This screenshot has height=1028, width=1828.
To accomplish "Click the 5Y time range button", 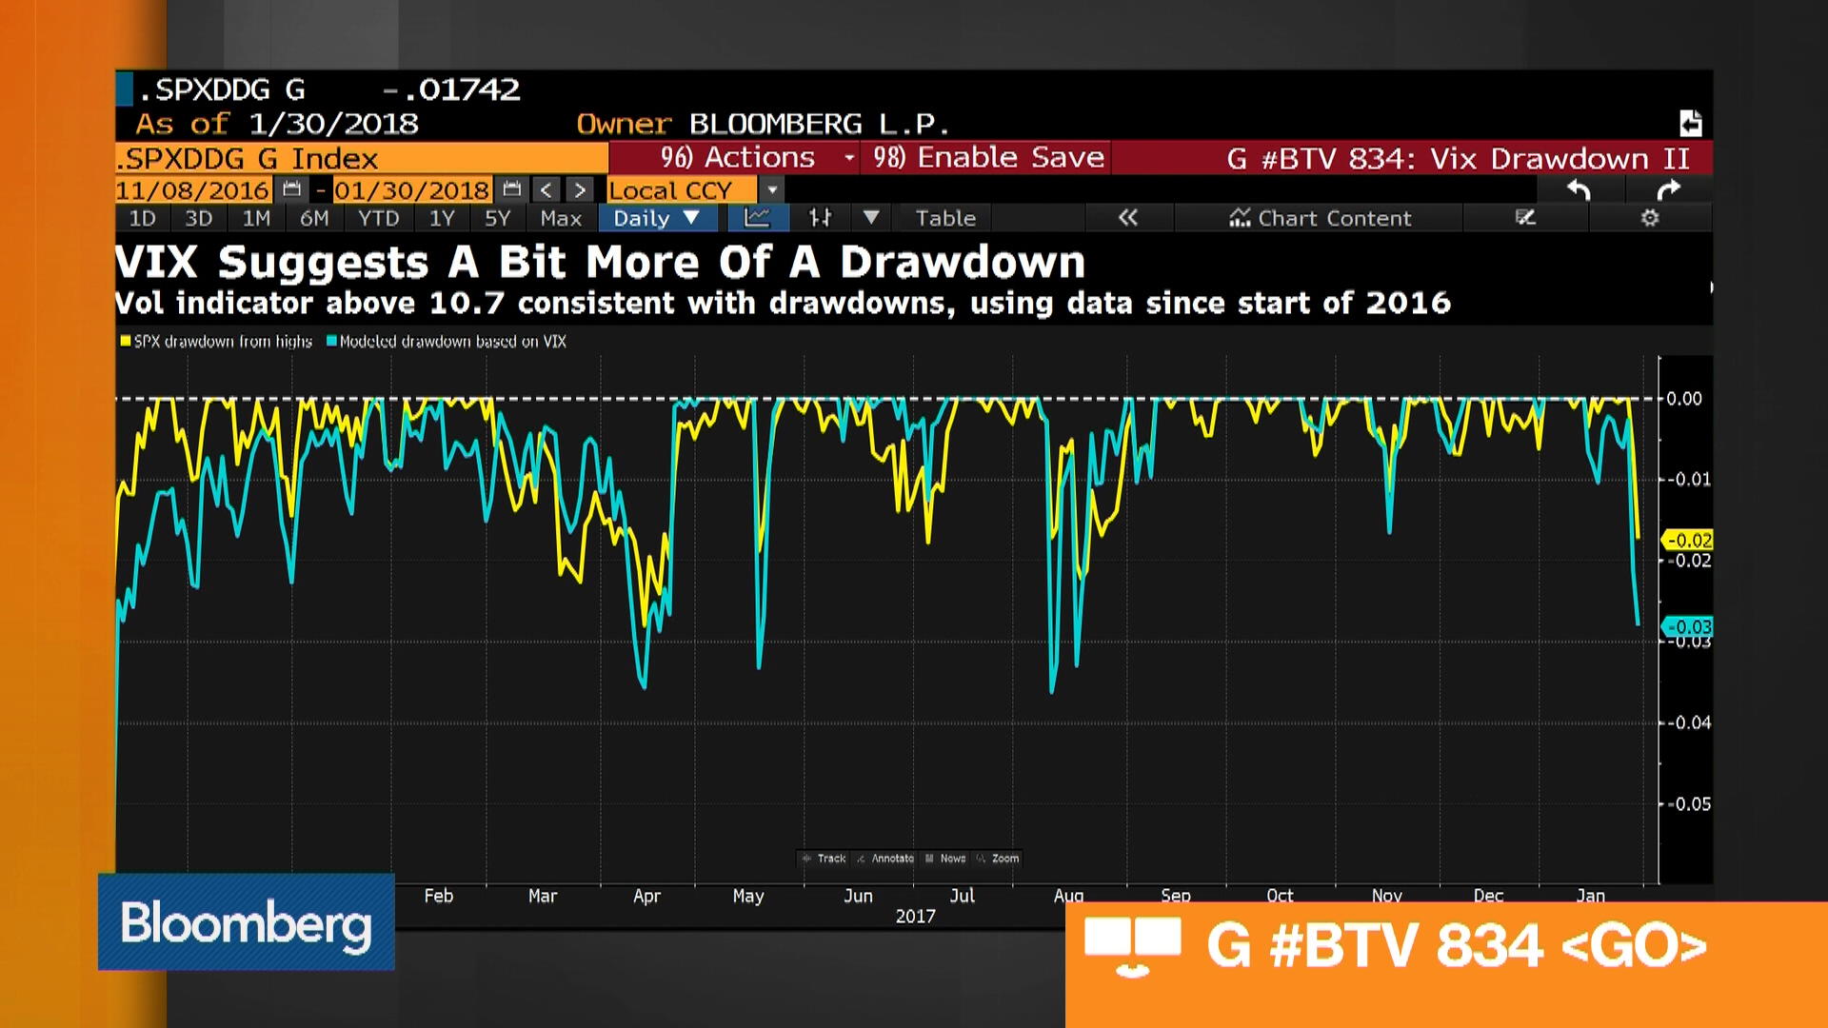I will [497, 218].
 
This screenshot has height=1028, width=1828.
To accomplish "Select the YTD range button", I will [378, 218].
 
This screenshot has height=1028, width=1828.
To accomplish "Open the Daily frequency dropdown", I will [656, 218].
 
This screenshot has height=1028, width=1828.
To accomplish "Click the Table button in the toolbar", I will [944, 218].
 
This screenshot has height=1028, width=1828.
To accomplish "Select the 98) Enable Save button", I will [987, 157].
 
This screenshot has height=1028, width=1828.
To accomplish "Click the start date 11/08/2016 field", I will [192, 190].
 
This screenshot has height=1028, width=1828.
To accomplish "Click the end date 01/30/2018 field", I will [411, 190].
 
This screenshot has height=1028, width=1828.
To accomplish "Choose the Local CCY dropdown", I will [682, 190].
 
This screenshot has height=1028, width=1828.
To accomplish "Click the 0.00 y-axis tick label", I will [1684, 399].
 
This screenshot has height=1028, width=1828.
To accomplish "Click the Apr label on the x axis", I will [646, 896].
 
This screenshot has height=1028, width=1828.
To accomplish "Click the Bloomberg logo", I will [246, 922].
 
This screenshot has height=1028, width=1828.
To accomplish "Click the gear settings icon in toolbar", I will [1649, 218].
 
